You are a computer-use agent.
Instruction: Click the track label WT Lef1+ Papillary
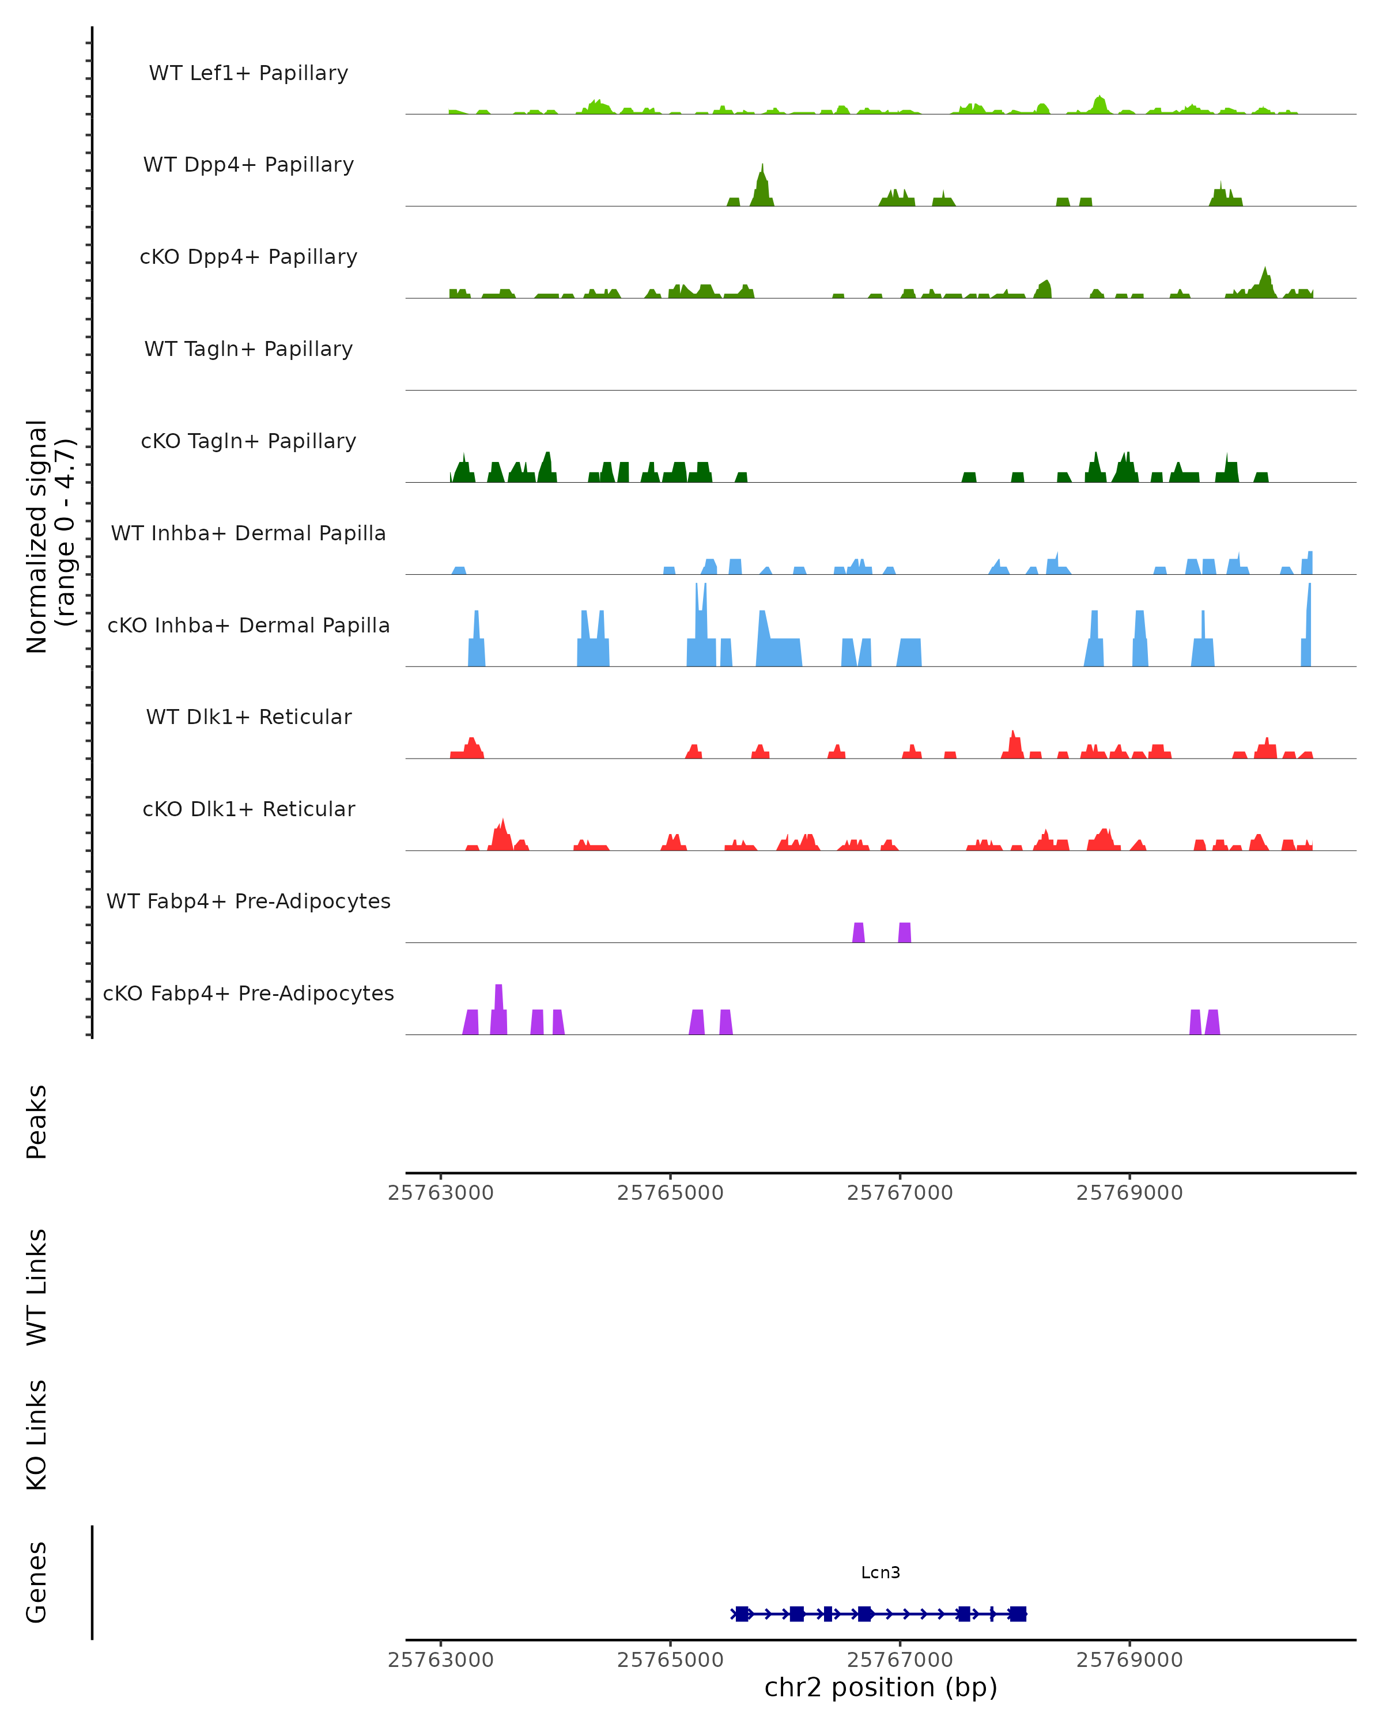point(248,73)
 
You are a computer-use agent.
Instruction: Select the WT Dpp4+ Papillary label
point(248,165)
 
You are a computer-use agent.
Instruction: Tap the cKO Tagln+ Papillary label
point(248,442)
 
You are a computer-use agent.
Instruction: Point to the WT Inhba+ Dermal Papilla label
point(248,534)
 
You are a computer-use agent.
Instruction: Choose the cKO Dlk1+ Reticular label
point(248,809)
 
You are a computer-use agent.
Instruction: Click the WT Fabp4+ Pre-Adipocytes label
point(248,901)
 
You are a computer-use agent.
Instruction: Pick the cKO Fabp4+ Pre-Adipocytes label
point(248,994)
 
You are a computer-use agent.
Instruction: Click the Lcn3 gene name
point(881,1572)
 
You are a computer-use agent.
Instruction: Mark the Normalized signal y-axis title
point(50,536)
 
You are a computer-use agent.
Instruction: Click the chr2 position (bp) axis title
point(881,1687)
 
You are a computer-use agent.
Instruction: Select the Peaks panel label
point(37,1121)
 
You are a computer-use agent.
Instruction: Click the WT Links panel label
point(37,1286)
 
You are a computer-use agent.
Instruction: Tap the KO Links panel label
point(37,1435)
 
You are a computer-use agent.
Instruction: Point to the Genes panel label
point(37,1582)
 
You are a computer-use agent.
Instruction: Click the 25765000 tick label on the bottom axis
point(670,1660)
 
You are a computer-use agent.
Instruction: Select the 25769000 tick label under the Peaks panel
point(1129,1193)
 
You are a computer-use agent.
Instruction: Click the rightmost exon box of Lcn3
point(1018,1614)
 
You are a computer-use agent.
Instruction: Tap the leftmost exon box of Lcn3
point(742,1614)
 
